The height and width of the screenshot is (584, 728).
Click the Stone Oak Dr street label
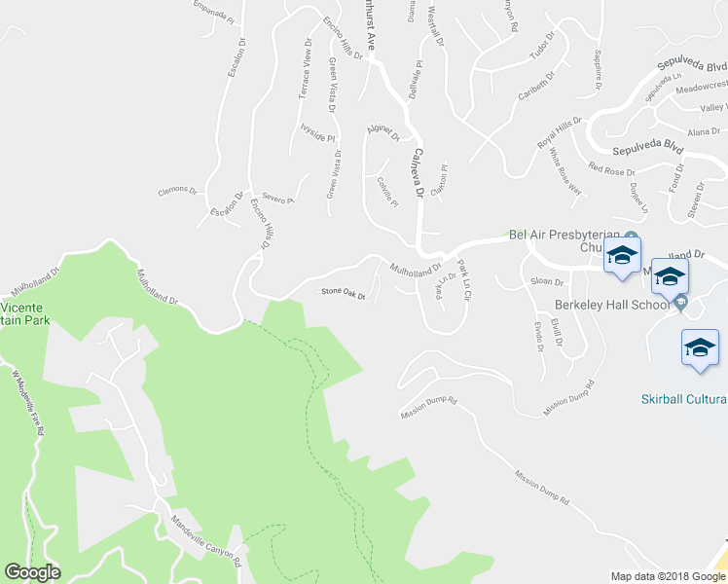343,294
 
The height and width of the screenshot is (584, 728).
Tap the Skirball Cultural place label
683,399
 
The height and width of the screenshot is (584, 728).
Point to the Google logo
32,572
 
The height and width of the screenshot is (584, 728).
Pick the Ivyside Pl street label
317,132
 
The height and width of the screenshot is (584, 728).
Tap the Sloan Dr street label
547,281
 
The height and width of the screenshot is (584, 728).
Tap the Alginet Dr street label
382,132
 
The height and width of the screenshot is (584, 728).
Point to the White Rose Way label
564,171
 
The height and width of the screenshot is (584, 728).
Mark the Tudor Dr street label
542,46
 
